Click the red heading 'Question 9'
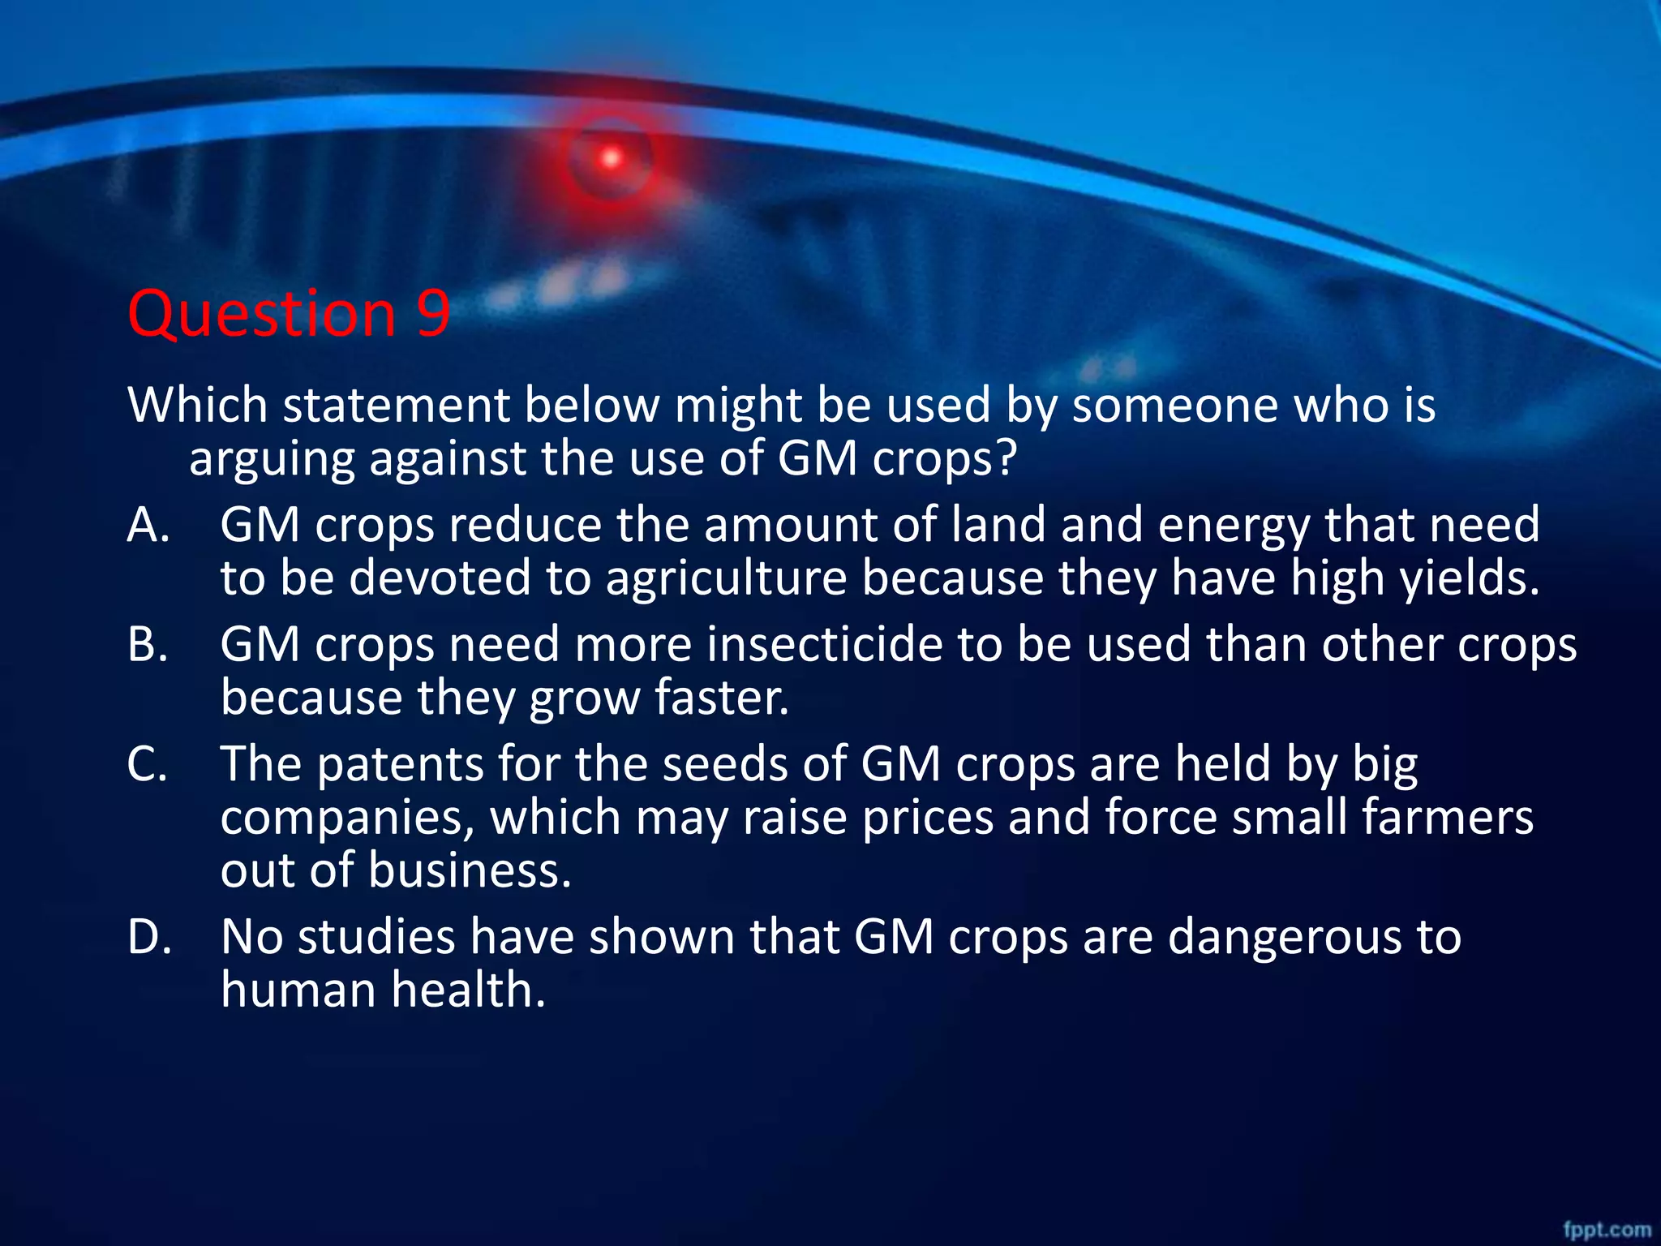(x=289, y=313)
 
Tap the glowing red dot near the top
(x=610, y=158)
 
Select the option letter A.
(x=148, y=525)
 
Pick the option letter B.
(x=148, y=645)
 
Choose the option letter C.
(x=148, y=764)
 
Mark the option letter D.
(x=149, y=937)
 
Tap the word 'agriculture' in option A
(x=726, y=578)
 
